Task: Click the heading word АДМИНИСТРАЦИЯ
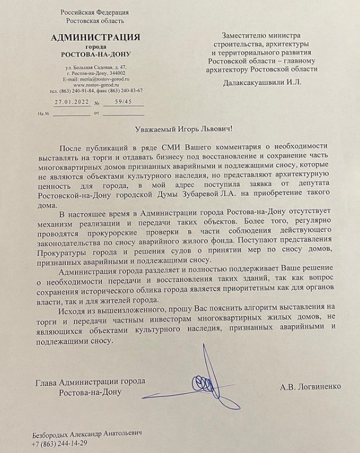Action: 95,37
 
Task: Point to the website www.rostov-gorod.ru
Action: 95,84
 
